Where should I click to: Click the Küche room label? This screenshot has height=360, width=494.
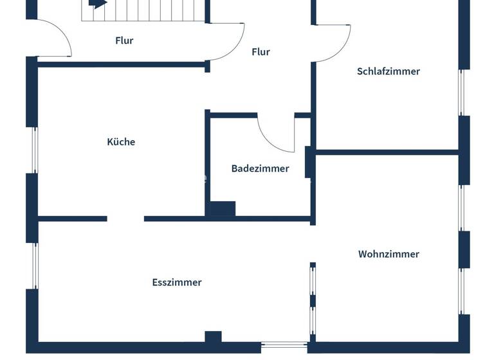[x=121, y=142]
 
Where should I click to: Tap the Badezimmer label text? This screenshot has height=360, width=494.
[x=260, y=168]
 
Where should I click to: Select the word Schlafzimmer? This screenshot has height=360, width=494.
[x=388, y=71]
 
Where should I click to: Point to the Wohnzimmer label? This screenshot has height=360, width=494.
[x=389, y=254]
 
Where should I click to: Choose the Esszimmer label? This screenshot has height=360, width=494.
[x=177, y=282]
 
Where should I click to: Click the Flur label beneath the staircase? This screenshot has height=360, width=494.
[x=124, y=40]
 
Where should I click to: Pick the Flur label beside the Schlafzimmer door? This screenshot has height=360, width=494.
[x=261, y=52]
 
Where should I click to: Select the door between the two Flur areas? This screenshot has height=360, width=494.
[x=229, y=42]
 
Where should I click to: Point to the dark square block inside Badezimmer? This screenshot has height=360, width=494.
[x=223, y=209]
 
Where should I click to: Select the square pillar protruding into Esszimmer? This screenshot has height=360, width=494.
[x=213, y=337]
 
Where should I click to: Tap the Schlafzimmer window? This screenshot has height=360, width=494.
[x=461, y=92]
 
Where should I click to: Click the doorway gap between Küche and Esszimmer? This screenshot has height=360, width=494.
[x=125, y=219]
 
